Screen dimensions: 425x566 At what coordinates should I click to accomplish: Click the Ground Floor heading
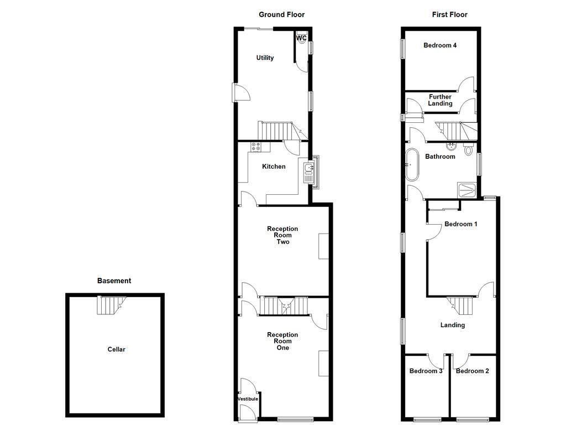click(x=282, y=15)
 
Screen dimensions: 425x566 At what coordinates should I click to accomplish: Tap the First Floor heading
click(x=449, y=15)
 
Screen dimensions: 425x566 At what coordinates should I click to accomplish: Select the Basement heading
click(x=114, y=281)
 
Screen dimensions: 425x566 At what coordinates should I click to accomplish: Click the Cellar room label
click(x=116, y=350)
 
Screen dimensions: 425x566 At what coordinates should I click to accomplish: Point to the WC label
click(x=301, y=38)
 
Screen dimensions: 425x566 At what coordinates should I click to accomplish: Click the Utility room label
click(x=265, y=58)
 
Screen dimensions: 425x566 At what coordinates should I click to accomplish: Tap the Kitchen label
click(x=274, y=167)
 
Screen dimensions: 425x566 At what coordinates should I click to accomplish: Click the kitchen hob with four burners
click(x=256, y=147)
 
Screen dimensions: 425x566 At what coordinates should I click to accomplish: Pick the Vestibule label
click(x=248, y=399)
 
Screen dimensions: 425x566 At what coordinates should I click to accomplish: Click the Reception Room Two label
click(x=282, y=235)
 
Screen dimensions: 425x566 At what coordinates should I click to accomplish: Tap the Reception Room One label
click(x=282, y=341)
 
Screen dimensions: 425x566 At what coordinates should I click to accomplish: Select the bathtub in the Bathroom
click(x=412, y=164)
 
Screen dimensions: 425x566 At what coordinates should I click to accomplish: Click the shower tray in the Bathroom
click(x=467, y=189)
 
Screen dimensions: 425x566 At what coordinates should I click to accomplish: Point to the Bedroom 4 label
click(x=440, y=45)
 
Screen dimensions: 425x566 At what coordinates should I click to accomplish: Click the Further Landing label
click(x=440, y=100)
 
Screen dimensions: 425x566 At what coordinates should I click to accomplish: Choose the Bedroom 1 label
click(x=460, y=224)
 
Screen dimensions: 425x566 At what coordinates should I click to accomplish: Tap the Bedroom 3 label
click(x=426, y=371)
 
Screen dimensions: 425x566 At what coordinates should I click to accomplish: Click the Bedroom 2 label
click(x=472, y=371)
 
